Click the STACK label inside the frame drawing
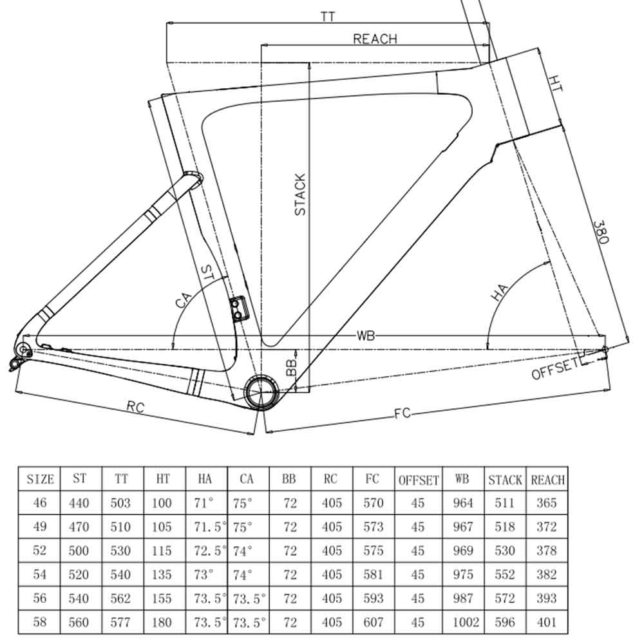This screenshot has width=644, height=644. (x=300, y=194)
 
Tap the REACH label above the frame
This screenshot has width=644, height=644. (x=375, y=39)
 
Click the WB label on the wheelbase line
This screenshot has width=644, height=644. (x=366, y=336)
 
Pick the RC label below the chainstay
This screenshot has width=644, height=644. (x=135, y=406)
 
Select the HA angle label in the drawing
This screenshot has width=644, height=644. (x=500, y=292)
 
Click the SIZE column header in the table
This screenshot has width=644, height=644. (x=40, y=480)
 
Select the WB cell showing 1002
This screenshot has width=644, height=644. (x=463, y=622)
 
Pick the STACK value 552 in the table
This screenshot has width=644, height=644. (x=505, y=574)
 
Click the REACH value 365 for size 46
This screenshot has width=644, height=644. (x=546, y=503)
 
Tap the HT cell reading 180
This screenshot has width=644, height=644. (x=162, y=622)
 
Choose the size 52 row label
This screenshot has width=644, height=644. (x=40, y=551)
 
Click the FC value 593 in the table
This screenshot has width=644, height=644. (x=374, y=598)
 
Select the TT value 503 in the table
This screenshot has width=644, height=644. (x=121, y=503)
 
